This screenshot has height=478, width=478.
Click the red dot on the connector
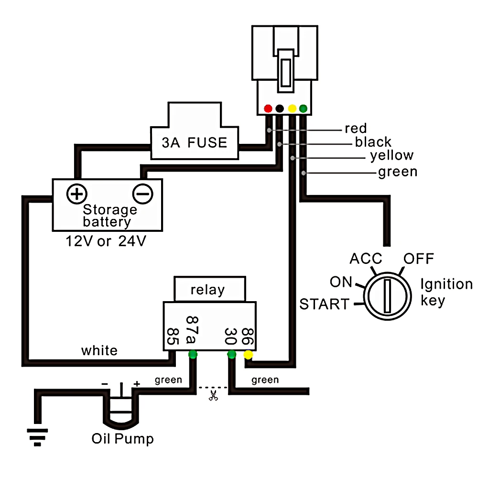[x=268, y=108]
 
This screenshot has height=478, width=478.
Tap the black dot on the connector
[x=280, y=108]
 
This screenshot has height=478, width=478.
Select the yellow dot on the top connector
[x=292, y=108]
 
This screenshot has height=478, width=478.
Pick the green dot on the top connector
[x=304, y=108]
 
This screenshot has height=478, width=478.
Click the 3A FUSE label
[x=195, y=142]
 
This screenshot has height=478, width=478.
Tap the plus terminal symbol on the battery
[x=77, y=194]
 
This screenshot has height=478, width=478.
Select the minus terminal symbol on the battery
[x=142, y=194]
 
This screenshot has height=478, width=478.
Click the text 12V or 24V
[x=106, y=241]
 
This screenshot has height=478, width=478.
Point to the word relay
[x=207, y=290]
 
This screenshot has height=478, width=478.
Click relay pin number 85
[x=173, y=337]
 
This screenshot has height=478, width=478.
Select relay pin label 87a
[x=192, y=330]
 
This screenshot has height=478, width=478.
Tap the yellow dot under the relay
[x=248, y=355]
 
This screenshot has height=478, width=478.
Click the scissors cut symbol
[x=213, y=395]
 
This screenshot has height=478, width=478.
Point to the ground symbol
[x=37, y=437]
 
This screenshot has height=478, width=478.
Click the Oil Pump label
[x=122, y=439]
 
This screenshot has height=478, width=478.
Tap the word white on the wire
[x=99, y=350]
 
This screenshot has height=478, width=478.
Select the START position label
[x=325, y=304]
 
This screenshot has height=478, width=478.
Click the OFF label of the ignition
[x=419, y=259]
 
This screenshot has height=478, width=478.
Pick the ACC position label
[x=366, y=259]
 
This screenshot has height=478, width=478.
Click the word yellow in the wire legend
[x=392, y=155]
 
